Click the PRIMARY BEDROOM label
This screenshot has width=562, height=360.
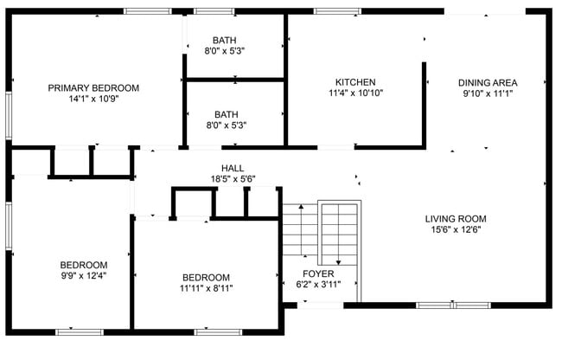pyautogui.click(x=93, y=87)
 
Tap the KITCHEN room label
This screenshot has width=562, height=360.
pyautogui.click(x=355, y=82)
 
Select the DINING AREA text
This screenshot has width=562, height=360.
pyautogui.click(x=488, y=83)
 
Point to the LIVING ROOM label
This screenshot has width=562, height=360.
pyautogui.click(x=456, y=218)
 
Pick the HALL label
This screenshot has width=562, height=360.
pyautogui.click(x=233, y=168)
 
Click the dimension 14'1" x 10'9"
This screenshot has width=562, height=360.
pyautogui.click(x=93, y=99)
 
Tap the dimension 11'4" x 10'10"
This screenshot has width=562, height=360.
pyautogui.click(x=355, y=93)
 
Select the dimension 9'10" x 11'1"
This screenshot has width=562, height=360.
pyautogui.click(x=488, y=94)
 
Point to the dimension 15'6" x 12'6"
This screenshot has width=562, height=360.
pyautogui.click(x=456, y=229)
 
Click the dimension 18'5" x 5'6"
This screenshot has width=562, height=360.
pyautogui.click(x=233, y=179)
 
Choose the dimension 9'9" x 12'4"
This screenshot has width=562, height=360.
pyautogui.click(x=84, y=276)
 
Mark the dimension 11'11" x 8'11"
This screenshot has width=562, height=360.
pyautogui.click(x=206, y=288)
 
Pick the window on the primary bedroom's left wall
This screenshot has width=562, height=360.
pyautogui.click(x=9, y=115)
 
